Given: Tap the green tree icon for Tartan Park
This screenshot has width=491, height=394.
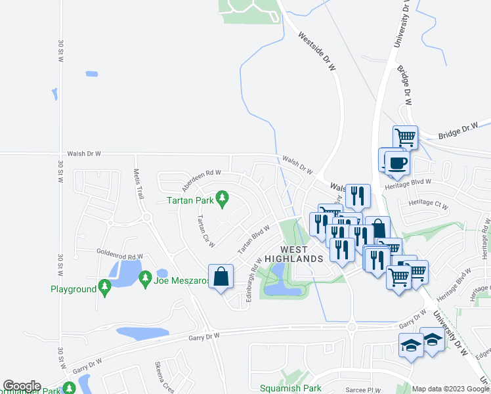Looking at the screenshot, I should [222, 198].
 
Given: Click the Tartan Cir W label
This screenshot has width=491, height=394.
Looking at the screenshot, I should [204, 230].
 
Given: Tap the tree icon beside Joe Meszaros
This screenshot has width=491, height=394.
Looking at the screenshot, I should [145, 280].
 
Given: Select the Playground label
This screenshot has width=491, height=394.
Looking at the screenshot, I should [73, 289].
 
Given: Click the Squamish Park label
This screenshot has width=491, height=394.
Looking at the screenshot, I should [291, 388].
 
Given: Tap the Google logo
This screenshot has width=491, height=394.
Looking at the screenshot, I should [22, 386].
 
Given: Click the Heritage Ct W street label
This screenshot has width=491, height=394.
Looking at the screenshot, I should [427, 204].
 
